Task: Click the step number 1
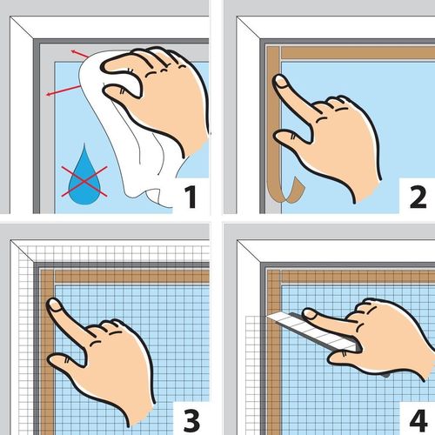pos(191,197)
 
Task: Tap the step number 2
pos(418,197)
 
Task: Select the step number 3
pos(191,420)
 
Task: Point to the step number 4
pos(418,420)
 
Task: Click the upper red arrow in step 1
pos(80,54)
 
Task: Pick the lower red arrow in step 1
pos(64,90)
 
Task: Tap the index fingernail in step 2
pos(281,81)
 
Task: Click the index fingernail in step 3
pos(55,305)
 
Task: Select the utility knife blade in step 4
pos(311,330)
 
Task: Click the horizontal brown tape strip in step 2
pos(358,52)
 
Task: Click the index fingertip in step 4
pos(309,314)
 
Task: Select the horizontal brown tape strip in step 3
pos(132,276)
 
